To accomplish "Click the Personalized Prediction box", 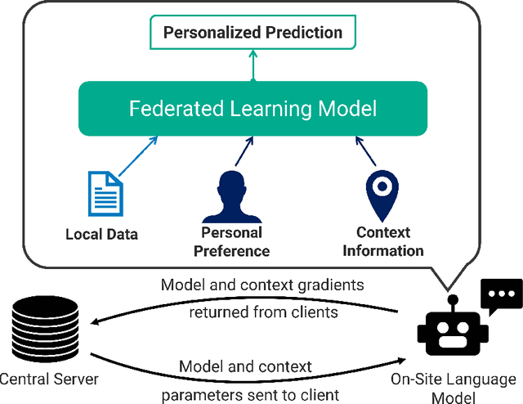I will coord(253,33).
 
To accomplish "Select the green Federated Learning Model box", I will coord(253,109).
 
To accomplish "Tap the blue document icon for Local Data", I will coord(104,193).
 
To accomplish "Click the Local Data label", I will coord(102,235).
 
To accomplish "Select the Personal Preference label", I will coord(231,242).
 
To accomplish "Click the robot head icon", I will coord(453,331).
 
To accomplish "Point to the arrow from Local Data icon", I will coord(138,155).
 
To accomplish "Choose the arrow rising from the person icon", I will coord(242,151).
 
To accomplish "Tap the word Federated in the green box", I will coord(170,109).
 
